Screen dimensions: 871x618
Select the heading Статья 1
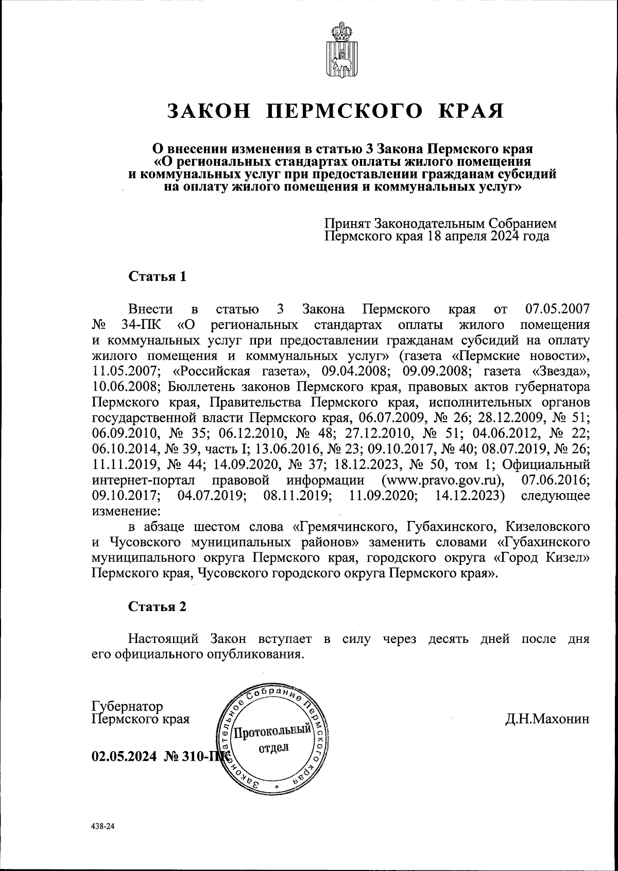click(157, 276)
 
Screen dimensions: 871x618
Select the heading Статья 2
click(157, 606)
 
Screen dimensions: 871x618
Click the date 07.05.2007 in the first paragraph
click(557, 310)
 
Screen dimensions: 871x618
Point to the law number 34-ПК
click(142, 325)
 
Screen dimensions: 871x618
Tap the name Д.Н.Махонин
click(547, 719)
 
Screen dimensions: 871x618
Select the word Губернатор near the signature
click(127, 706)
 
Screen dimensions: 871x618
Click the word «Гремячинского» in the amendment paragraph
click(347, 527)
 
